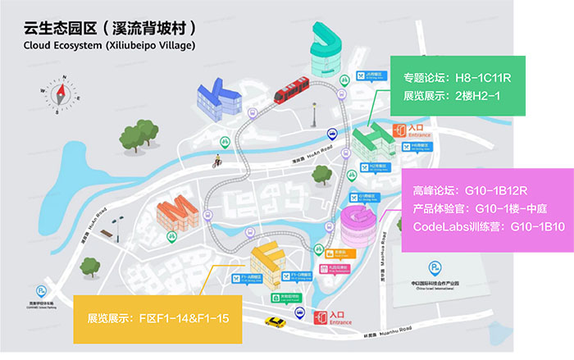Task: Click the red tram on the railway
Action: click(291, 89)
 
